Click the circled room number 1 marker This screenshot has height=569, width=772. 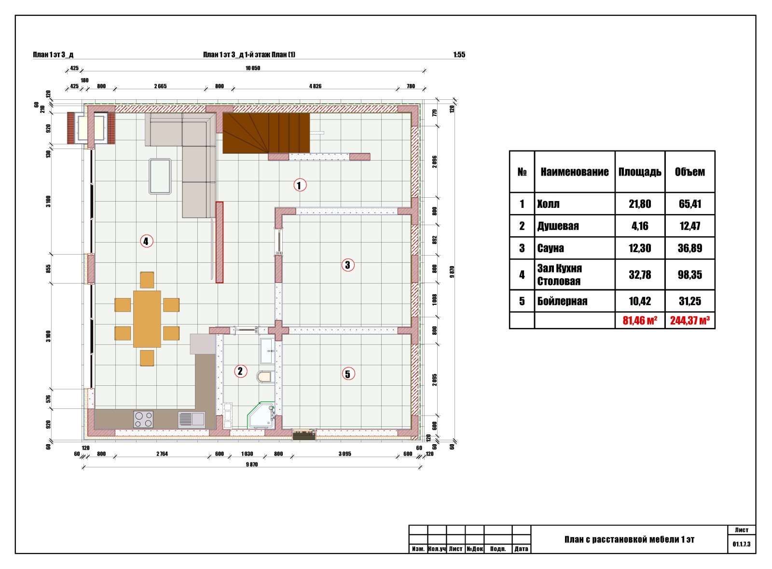tap(300, 185)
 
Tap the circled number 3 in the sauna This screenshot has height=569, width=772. tap(348, 265)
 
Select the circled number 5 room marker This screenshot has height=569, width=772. tap(348, 374)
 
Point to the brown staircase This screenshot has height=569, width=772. tap(266, 133)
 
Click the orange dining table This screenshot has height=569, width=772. tap(147, 319)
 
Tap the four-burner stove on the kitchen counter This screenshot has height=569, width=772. tap(143, 420)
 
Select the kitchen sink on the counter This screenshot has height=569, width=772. tap(192, 420)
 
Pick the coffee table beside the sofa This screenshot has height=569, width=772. tap(160, 176)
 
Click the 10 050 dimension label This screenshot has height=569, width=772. tap(253, 68)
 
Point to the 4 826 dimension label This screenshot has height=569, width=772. tap(315, 86)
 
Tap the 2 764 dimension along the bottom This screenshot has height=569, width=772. tap(162, 454)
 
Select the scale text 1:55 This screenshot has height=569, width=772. tap(459, 55)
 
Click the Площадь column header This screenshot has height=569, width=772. tap(640, 172)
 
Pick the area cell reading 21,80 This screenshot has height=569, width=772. tap(640, 204)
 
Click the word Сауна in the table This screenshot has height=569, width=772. tap(551, 248)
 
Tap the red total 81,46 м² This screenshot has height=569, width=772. tap(640, 320)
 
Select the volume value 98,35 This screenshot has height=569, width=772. tap(689, 275)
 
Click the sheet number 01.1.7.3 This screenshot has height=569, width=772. tap(741, 544)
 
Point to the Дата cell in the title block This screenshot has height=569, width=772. tap(521, 549)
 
